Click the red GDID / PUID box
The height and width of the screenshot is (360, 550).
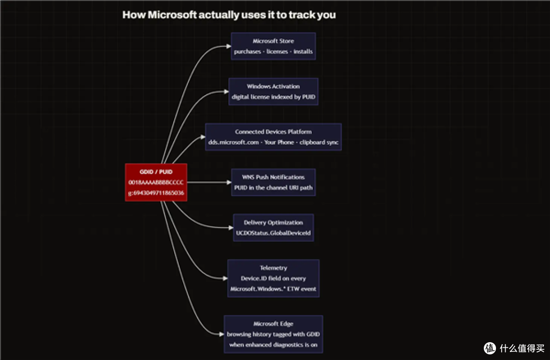[156, 182]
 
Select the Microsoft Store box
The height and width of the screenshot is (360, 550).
[273, 46]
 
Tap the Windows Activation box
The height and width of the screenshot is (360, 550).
[273, 92]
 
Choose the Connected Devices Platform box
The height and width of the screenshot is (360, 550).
[273, 137]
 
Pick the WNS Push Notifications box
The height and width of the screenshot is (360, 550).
[273, 182]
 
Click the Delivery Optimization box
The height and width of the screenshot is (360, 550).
[273, 228]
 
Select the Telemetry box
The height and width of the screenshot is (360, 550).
[273, 278]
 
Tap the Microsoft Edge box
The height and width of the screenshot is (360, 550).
[273, 334]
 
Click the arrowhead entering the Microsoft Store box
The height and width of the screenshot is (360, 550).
[229, 46]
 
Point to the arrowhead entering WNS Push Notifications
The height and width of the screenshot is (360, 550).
[229, 182]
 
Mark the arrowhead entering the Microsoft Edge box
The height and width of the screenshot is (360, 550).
[222, 334]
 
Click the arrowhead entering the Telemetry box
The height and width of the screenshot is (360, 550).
[225, 278]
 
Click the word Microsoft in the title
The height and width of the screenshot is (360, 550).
[172, 15]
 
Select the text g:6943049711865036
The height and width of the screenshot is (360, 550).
[156, 192]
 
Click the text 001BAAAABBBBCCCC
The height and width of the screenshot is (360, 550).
[156, 182]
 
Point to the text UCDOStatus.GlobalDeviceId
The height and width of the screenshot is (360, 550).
[273, 233]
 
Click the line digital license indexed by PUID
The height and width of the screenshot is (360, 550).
[273, 97]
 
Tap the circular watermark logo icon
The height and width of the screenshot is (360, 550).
[490, 348]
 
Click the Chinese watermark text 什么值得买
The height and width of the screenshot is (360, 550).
[522, 348]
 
